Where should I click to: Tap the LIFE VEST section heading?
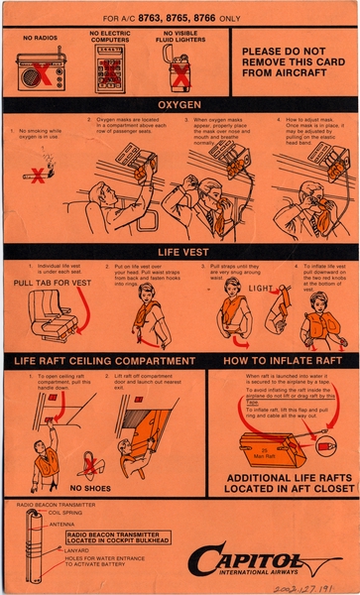click(180, 251)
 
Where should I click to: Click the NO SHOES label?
click(89, 487)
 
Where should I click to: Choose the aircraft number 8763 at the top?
click(148, 17)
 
